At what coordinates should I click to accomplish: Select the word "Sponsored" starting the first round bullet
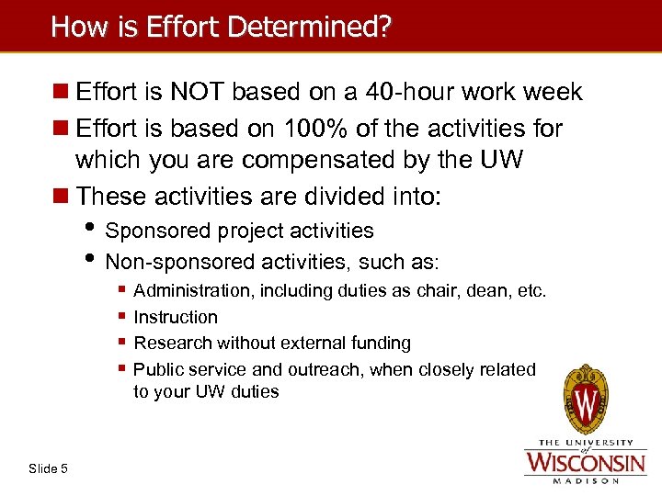[x=152, y=231]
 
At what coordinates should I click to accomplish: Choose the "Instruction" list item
[x=176, y=317]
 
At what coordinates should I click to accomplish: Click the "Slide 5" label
[x=48, y=469]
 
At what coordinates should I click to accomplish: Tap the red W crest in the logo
[x=586, y=400]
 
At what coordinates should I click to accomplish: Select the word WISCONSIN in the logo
[x=585, y=459]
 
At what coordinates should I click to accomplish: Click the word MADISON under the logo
[x=585, y=479]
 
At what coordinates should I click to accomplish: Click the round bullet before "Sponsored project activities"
[x=94, y=230]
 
